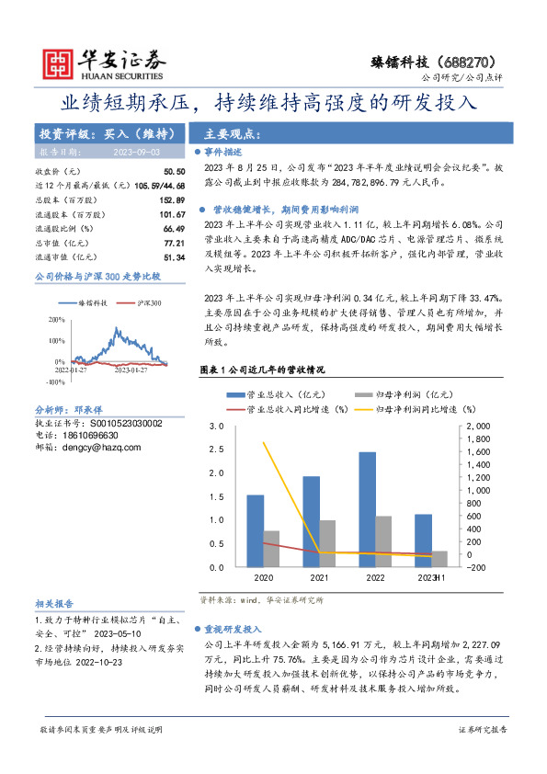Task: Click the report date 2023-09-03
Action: (136, 151)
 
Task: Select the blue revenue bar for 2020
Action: (255, 524)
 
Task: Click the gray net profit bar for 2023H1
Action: (439, 559)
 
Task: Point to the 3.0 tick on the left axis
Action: (218, 427)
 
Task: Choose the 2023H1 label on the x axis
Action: (430, 578)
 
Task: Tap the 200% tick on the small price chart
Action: (56, 320)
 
